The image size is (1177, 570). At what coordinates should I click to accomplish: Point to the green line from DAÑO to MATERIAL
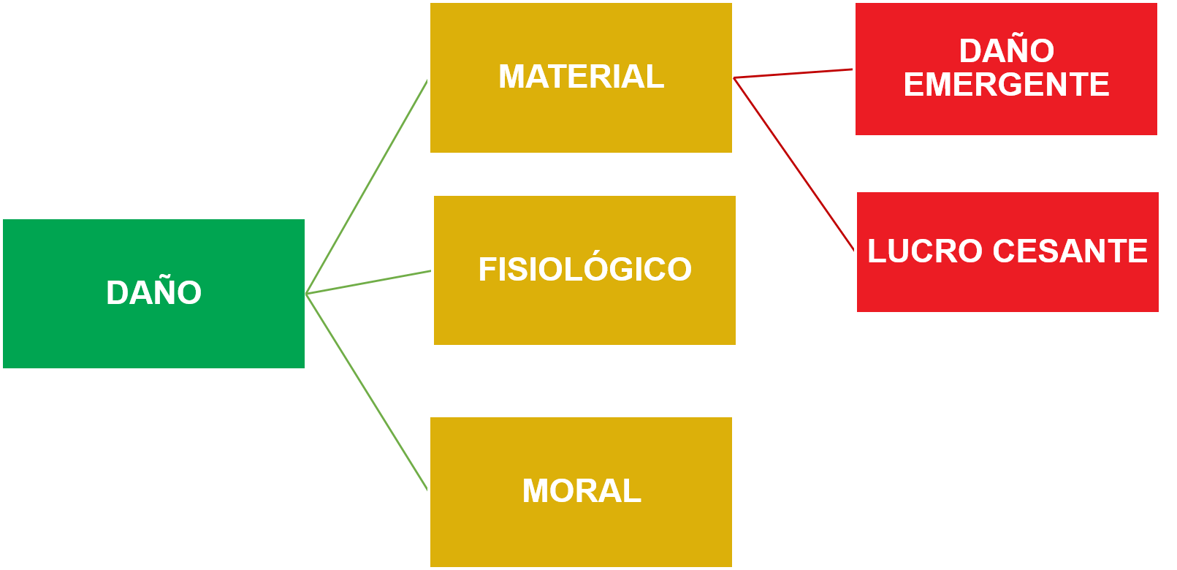point(367,186)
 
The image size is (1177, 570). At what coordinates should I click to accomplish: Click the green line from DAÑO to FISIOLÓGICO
point(369,282)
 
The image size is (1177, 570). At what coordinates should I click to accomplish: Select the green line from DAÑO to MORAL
point(367,392)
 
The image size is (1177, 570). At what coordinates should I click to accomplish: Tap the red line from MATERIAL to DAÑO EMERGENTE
point(793,73)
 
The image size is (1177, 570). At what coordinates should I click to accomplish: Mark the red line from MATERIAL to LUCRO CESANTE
point(793,164)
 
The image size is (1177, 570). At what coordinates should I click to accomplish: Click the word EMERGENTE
point(1007,85)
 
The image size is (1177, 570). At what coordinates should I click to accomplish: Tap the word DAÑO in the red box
point(1007,51)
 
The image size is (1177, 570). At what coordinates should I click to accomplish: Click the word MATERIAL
point(581,77)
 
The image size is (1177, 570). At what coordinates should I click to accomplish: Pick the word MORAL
point(582,491)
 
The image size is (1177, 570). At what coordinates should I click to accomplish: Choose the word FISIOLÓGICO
point(584,270)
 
